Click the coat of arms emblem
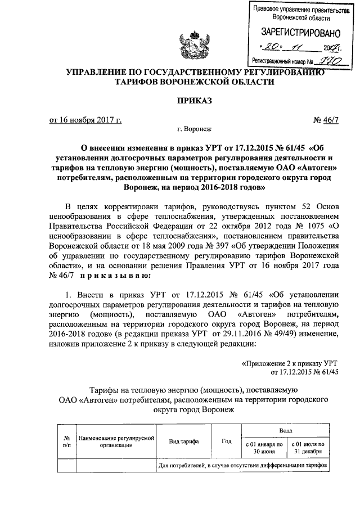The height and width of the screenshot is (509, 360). coord(180,40)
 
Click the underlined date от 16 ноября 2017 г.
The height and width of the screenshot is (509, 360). coord(85,120)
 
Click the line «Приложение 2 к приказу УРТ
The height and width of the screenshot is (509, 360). coord(290,364)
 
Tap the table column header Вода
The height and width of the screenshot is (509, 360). coord(285,430)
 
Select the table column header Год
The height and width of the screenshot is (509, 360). coord(227,442)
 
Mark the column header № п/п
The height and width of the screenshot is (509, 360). coord(66,442)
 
